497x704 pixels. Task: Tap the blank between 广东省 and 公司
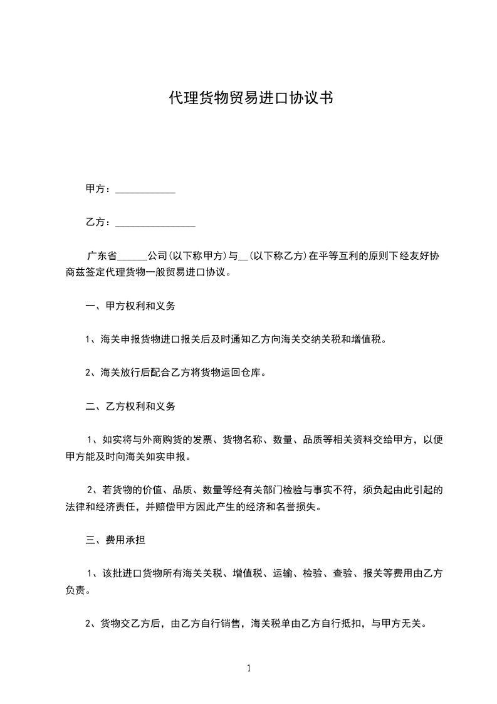[132, 257]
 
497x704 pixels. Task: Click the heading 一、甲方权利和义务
[130, 306]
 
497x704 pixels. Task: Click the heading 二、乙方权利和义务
[130, 406]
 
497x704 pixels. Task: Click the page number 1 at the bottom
[249, 668]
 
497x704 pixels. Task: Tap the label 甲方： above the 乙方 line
[98, 189]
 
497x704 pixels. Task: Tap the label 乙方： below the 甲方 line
[98, 222]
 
